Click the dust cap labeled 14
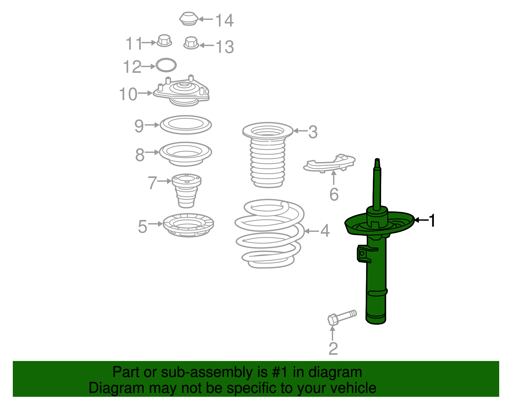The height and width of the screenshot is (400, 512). coord(188,18)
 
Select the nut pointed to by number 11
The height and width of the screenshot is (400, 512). coord(164,41)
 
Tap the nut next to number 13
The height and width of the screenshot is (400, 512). coord(191,43)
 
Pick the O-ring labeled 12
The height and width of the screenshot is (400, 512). coord(166,65)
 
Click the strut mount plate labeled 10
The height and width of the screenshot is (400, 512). coord(181,92)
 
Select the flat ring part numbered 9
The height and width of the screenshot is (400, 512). coord(186,125)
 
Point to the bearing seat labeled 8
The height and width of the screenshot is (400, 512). coord(185,154)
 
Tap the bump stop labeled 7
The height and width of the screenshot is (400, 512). coord(186,191)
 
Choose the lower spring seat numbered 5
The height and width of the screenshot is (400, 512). coord(188,225)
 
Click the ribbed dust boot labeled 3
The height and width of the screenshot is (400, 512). coord(268,155)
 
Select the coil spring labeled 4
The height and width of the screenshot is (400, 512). coord(269,234)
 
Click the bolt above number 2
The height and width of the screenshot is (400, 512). coord(342,318)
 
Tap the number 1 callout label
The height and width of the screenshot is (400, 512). coord(432,220)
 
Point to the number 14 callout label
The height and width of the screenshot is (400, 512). coord(224,20)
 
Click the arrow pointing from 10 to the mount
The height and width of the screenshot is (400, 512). coord(145,93)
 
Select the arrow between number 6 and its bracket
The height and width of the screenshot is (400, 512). coord(333,177)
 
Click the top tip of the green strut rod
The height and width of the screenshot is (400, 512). coord(377,159)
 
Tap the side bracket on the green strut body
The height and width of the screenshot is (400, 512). coord(366,254)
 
